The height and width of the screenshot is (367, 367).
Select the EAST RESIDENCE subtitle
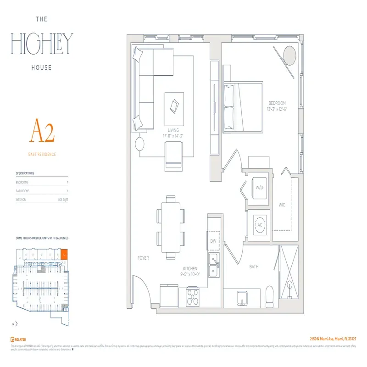pos(42,155)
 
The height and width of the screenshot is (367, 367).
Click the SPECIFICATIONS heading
pos(25,173)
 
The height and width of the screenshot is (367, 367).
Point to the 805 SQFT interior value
pos(63,200)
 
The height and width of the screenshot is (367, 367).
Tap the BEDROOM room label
pos(277,103)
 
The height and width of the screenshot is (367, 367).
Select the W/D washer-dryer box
pos(259,187)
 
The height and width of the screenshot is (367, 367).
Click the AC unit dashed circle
pos(259,225)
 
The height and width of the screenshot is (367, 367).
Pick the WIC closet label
pos(282,205)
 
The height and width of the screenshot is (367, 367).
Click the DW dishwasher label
pos(213,240)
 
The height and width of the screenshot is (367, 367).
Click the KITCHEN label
pos(190,268)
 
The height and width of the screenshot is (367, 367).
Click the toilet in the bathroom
pos(271,298)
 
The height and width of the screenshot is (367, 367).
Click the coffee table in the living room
pos(174,107)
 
